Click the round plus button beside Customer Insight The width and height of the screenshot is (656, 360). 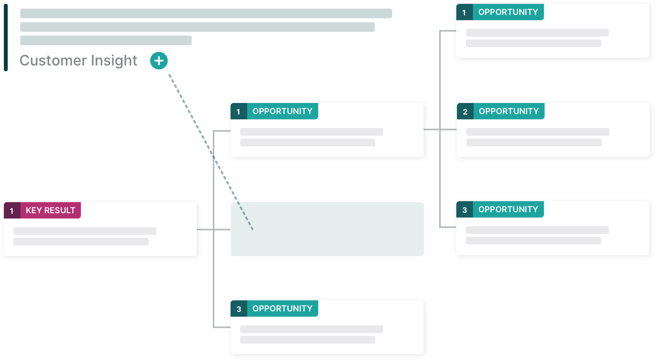[159, 61]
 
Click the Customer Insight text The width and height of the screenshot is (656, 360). [79, 61]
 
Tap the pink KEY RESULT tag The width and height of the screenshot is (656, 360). [50, 210]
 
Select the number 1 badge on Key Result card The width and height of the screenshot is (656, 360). [12, 211]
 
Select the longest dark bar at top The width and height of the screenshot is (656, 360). [206, 13]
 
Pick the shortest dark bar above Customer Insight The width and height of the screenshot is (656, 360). [105, 40]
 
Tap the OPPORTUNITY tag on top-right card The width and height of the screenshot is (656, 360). [508, 12]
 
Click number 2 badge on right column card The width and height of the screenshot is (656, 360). [465, 112]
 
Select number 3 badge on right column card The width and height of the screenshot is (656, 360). [464, 210]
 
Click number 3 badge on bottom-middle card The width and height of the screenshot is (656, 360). [238, 309]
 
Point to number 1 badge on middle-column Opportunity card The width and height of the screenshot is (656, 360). [238, 112]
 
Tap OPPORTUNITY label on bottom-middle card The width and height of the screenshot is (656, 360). [282, 309]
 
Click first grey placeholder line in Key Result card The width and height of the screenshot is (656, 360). [85, 231]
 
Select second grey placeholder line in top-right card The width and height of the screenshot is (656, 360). [533, 43]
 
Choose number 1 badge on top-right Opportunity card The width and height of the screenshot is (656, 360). [464, 13]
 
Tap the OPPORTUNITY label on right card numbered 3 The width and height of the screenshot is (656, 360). [508, 209]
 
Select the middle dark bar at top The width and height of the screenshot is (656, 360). [197, 27]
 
